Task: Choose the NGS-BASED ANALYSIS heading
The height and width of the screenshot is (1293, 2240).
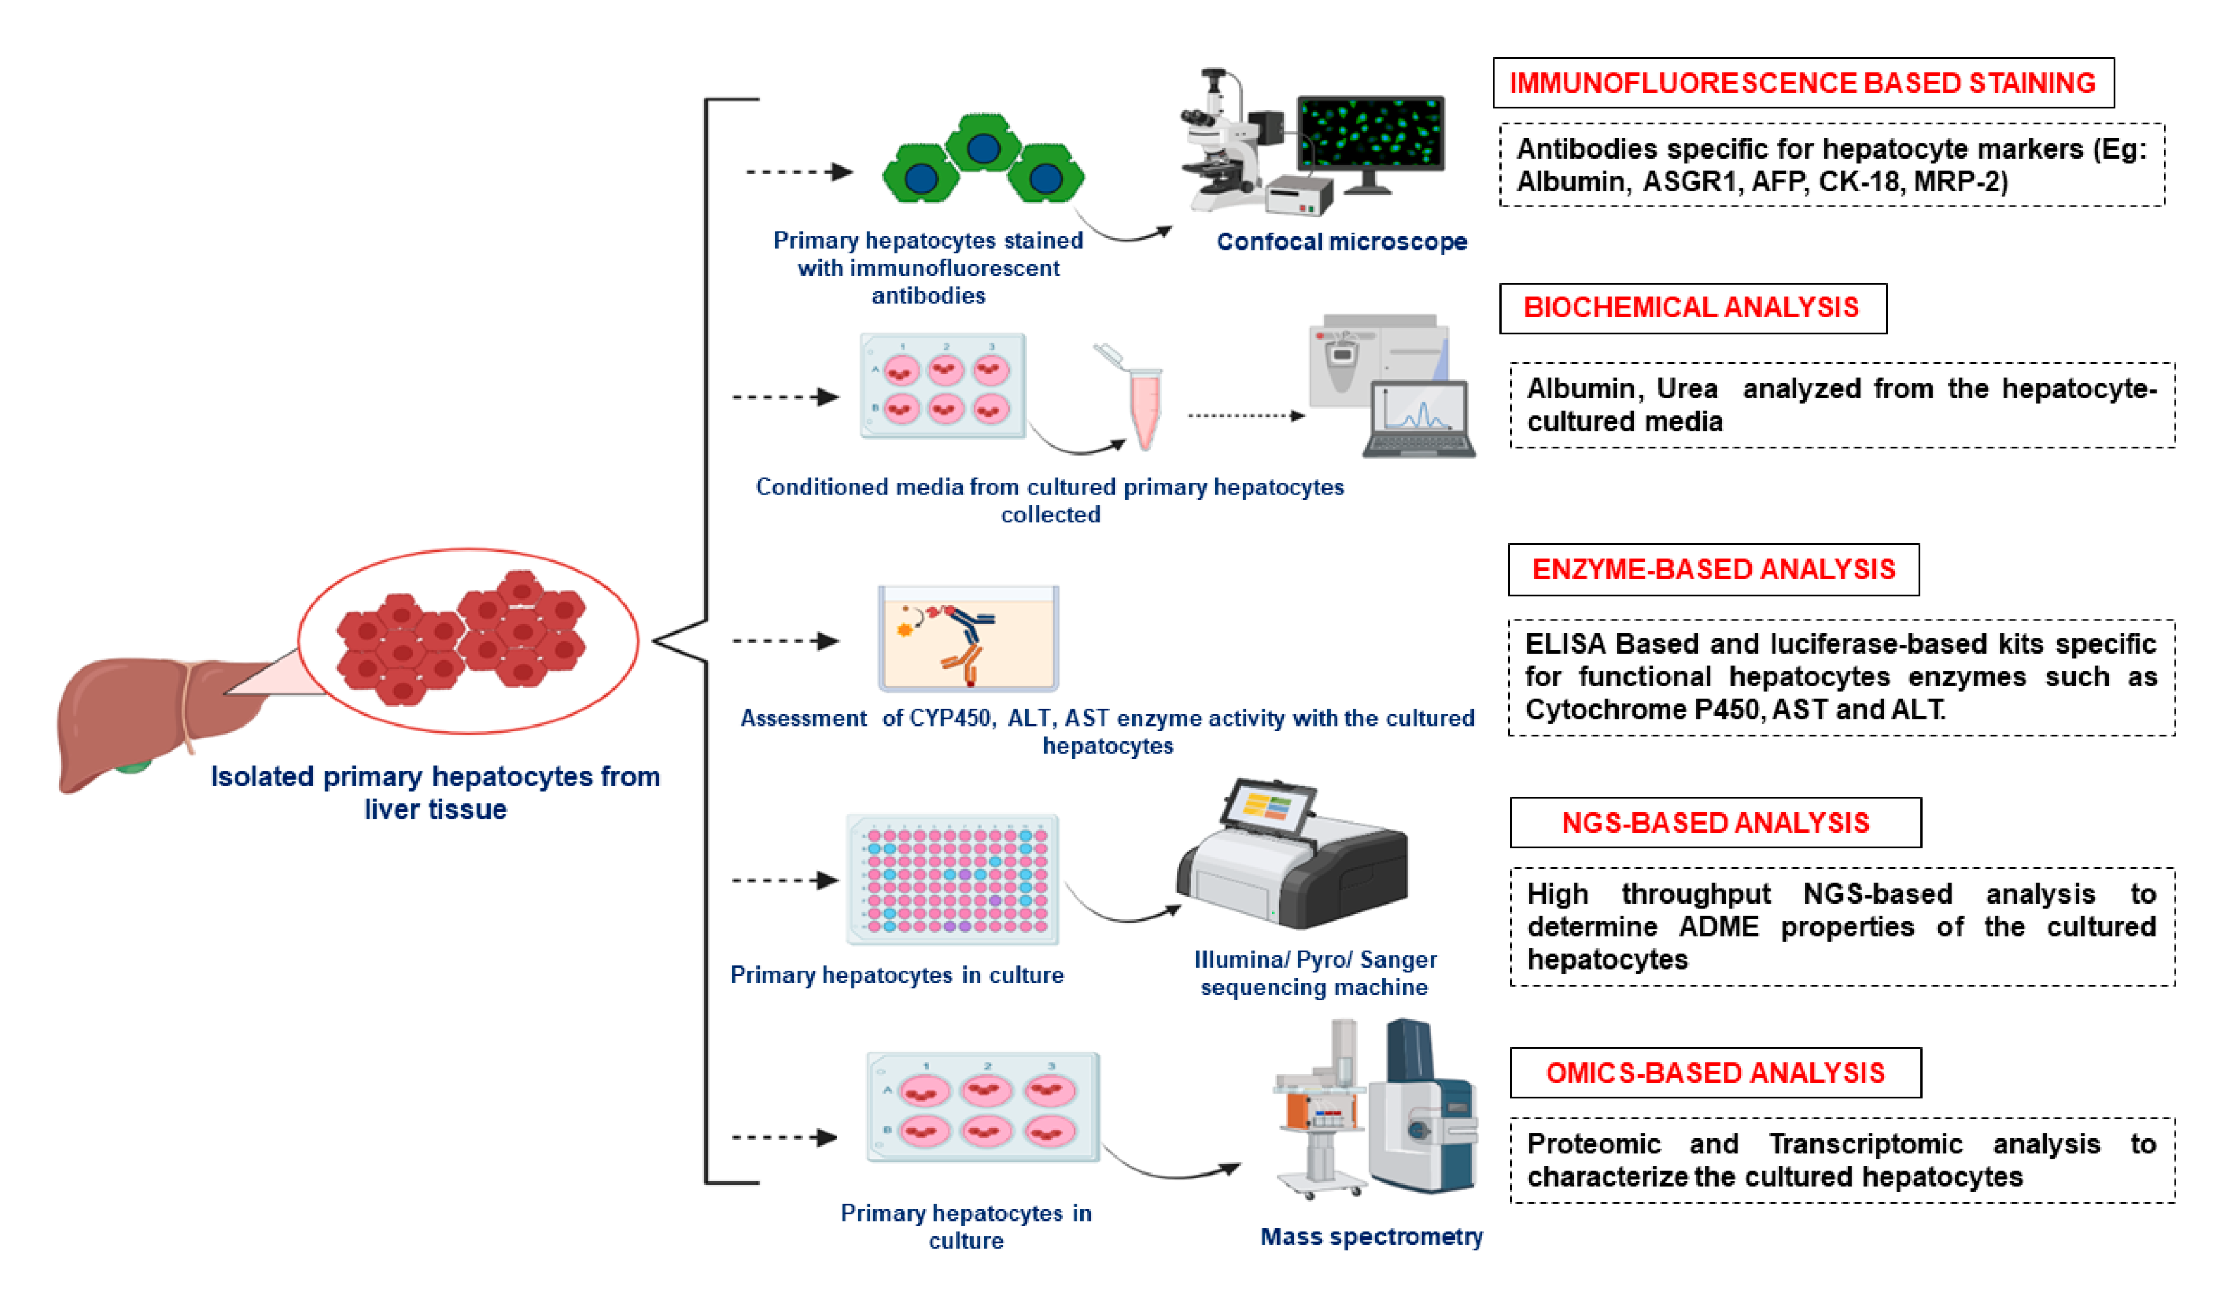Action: (1714, 823)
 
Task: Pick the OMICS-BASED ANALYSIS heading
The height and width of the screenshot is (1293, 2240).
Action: (1714, 1073)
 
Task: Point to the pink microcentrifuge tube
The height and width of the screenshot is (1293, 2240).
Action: (1144, 409)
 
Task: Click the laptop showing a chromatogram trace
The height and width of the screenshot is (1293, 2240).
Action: (1418, 420)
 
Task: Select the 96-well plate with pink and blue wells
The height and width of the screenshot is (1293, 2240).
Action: (952, 879)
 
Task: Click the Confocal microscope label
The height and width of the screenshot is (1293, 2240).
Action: (1341, 242)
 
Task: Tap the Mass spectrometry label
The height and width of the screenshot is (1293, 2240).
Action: (1370, 1236)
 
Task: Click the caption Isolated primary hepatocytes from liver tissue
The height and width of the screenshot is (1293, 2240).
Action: (435, 792)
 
